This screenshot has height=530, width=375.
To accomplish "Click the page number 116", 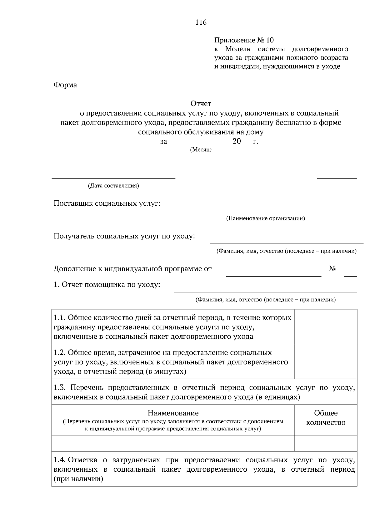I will point(201,22).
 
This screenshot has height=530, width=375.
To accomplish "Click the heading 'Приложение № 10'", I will point(244,40).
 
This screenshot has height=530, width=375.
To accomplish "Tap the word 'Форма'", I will point(65,85).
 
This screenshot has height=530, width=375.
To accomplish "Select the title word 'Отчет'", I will point(201,103).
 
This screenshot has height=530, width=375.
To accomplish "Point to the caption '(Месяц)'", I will point(201,150).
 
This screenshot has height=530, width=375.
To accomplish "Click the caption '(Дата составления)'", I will point(113,186).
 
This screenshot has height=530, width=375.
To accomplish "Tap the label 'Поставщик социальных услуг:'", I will point(107,204).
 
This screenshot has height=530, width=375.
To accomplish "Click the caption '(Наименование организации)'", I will point(265,218).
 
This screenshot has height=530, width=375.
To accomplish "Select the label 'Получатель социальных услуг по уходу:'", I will point(124,236).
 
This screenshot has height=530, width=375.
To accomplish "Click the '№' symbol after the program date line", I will point(332,269).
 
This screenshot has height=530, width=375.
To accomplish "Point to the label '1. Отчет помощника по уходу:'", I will point(107,285).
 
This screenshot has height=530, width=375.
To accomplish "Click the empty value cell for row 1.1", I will point(326,327).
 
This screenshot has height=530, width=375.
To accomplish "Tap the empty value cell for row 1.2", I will point(326,362).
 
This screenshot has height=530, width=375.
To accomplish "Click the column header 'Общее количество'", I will point(326,418).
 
